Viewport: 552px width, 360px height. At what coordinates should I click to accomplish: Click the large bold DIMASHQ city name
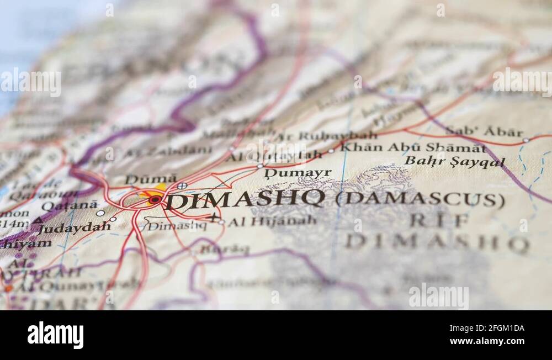point(245,199)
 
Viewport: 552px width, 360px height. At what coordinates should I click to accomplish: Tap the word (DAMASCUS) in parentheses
point(420,199)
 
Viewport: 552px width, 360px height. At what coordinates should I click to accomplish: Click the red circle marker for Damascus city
point(155,199)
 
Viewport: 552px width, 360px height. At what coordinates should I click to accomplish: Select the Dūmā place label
point(151,179)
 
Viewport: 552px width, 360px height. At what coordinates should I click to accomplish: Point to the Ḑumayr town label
point(298,173)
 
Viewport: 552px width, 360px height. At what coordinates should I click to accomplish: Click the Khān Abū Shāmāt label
point(413,147)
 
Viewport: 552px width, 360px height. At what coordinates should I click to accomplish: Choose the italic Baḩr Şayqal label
point(454,161)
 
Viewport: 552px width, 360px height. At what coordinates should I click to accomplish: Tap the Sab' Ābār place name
point(484,132)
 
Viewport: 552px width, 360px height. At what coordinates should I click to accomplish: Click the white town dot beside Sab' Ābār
point(526,140)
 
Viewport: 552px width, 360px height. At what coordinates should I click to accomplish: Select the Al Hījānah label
point(272,221)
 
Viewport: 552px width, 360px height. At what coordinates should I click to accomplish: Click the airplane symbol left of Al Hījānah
point(214,217)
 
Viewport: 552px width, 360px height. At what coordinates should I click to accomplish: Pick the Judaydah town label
point(74,227)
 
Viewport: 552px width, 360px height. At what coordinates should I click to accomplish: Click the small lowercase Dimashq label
point(177,225)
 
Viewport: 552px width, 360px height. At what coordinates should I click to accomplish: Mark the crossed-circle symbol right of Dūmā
point(182,186)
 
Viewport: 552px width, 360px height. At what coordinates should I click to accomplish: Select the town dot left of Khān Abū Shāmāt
point(331,150)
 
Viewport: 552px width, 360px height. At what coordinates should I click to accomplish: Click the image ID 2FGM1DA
point(496,328)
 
